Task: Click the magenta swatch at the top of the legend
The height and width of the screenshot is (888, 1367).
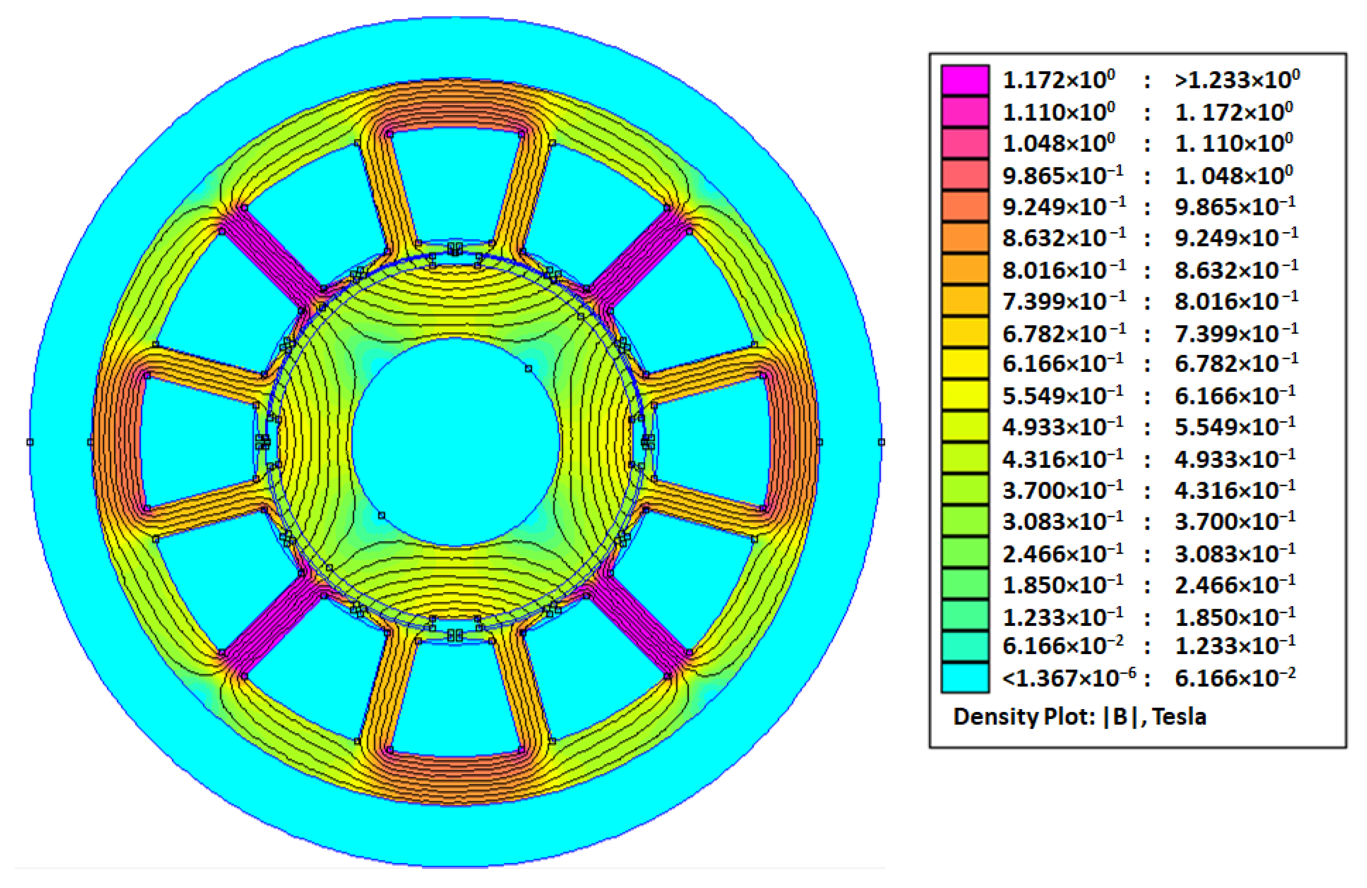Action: pos(965,80)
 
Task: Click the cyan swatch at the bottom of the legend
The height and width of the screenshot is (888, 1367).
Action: pos(965,677)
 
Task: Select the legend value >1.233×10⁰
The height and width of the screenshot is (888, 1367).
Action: pos(1237,80)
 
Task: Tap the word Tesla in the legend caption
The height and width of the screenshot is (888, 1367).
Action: pos(1179,716)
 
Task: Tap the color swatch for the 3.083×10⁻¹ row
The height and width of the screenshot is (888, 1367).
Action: pos(965,521)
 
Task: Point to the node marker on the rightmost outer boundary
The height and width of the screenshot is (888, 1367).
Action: pos(881,441)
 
